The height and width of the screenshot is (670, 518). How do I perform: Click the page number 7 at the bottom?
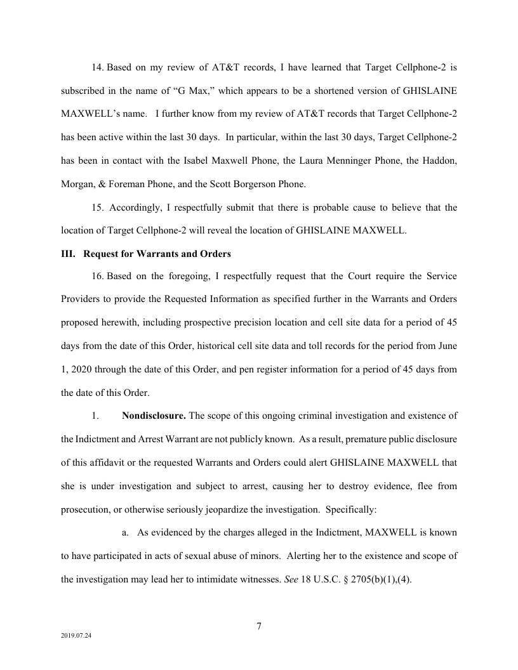pyautogui.click(x=259, y=627)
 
